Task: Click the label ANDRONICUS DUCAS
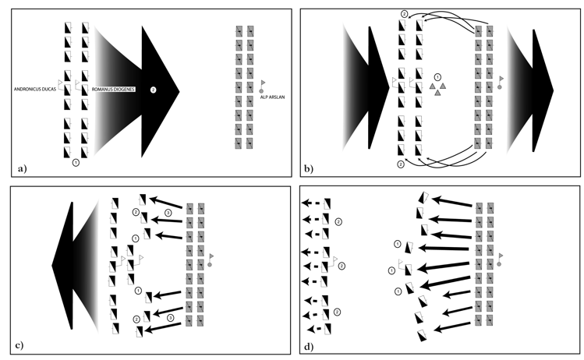click(34, 90)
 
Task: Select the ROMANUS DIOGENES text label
click(113, 90)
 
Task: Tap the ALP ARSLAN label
click(272, 97)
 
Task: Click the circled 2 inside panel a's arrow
click(153, 90)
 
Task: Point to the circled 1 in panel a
click(76, 162)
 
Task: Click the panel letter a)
click(23, 168)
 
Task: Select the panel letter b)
click(309, 168)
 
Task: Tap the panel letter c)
click(19, 345)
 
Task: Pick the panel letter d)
click(309, 347)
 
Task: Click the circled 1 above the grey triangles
click(437, 77)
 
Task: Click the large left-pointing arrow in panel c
click(75, 266)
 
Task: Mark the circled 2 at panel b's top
click(405, 14)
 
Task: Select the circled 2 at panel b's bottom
click(401, 164)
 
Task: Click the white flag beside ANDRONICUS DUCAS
click(61, 83)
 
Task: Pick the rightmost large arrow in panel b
click(530, 90)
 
